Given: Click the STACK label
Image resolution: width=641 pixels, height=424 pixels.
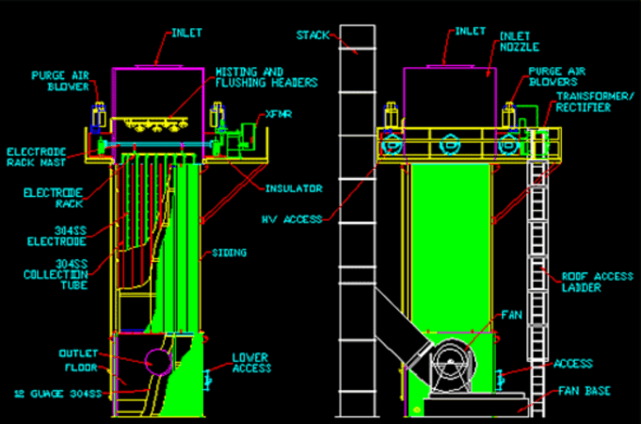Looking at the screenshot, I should point(311,35).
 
